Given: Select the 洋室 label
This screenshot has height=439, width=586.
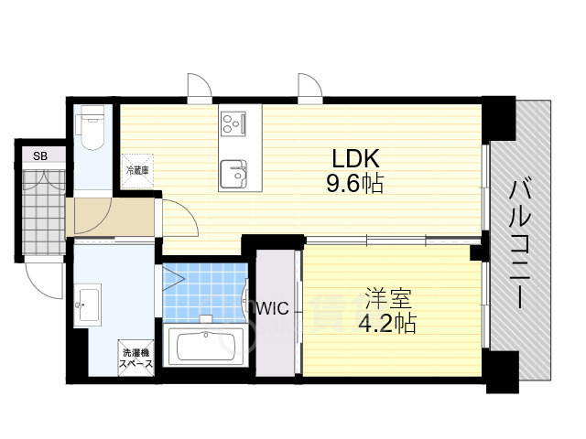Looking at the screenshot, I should tap(389, 298).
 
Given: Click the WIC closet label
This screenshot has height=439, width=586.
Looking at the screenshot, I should tap(272, 308).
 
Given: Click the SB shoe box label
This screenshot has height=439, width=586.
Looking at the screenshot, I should tap(40, 156).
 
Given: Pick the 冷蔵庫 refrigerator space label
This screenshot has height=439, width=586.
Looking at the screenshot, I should tap(136, 170).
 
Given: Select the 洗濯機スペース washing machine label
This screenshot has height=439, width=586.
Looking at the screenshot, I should tap(135, 358).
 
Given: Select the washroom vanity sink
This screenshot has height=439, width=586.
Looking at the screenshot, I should tap(90, 303).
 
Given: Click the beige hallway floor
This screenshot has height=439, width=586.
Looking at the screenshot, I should tap(110, 218).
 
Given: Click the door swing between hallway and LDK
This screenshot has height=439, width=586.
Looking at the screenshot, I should tap(179, 219).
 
